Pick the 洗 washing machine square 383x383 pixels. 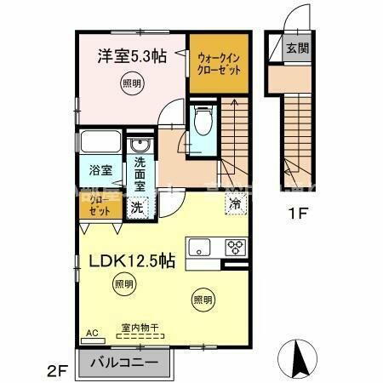(137, 206)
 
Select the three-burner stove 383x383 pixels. (235, 247)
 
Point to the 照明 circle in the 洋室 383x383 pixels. (131, 83)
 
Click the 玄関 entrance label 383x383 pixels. (296, 47)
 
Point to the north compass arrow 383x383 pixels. (300, 357)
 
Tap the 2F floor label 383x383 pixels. (57, 371)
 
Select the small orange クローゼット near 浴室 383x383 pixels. (100, 206)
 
